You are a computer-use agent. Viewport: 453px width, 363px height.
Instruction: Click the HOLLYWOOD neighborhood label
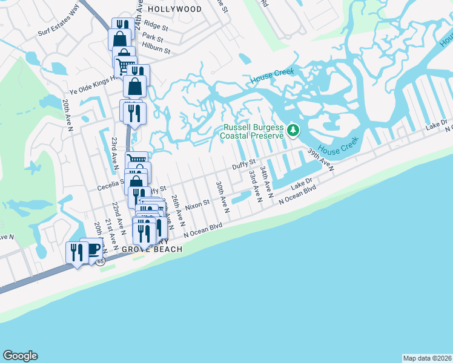click(175, 9)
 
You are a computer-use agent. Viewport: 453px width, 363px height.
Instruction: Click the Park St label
click(149, 37)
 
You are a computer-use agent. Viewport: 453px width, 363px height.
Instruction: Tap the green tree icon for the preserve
click(293, 129)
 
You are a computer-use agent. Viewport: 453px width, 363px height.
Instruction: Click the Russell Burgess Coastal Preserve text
click(254, 132)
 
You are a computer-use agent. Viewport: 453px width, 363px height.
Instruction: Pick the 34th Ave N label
click(266, 179)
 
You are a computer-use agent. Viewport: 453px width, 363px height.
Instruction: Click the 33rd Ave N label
click(255, 185)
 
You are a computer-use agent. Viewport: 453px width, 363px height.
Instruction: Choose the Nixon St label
click(197, 204)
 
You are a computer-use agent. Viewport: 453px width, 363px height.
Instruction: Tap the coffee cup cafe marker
click(92, 249)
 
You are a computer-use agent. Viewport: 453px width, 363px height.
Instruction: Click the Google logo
click(20, 356)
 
